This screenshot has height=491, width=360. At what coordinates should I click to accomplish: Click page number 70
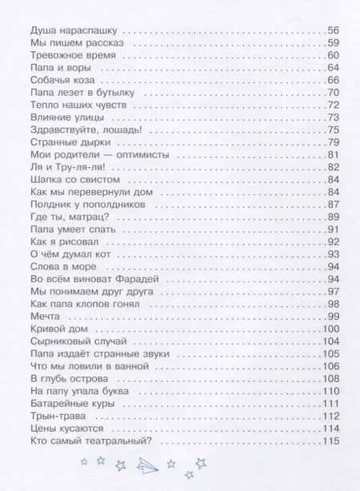click(x=334, y=94)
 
